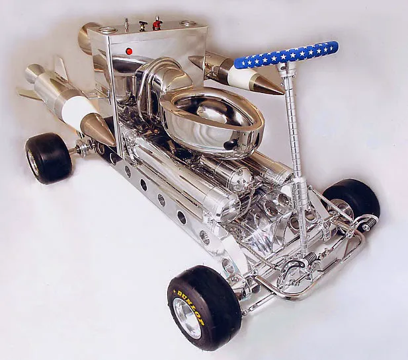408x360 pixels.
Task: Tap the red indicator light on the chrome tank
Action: coord(128,51)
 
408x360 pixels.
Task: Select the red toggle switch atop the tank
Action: coord(157,22)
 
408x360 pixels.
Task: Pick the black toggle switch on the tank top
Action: coord(142,26)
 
